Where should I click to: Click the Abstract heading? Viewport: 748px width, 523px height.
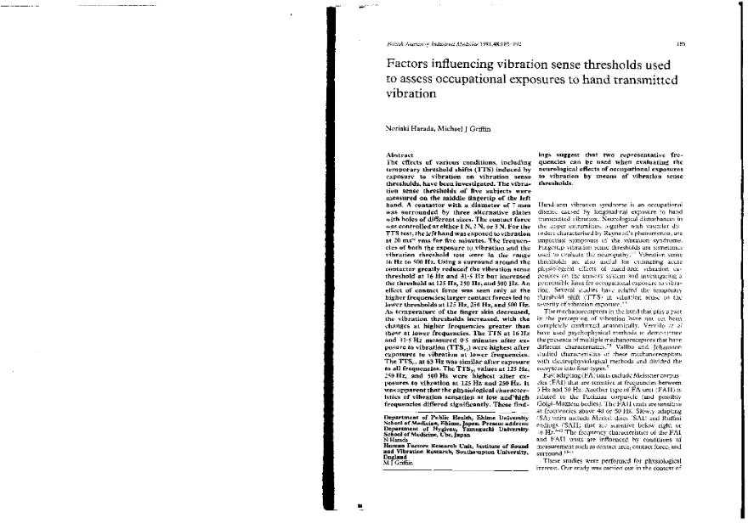pyautogui.click(x=399, y=155)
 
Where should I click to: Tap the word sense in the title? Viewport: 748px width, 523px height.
pyautogui.click(x=561, y=64)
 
